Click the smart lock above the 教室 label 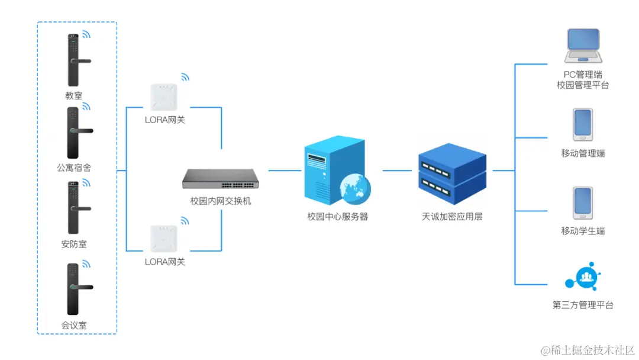[x=73, y=59]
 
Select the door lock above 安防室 [x=73, y=207]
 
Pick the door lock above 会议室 [x=73, y=289]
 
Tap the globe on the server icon [x=355, y=188]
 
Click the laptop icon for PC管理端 [x=583, y=46]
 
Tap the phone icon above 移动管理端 [x=582, y=124]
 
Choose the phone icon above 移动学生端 [x=582, y=203]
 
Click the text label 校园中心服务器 [x=337, y=217]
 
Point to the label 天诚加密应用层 [x=451, y=217]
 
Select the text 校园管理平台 [x=583, y=85]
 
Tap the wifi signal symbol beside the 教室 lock [x=86, y=34]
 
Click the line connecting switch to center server [x=285, y=171]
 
